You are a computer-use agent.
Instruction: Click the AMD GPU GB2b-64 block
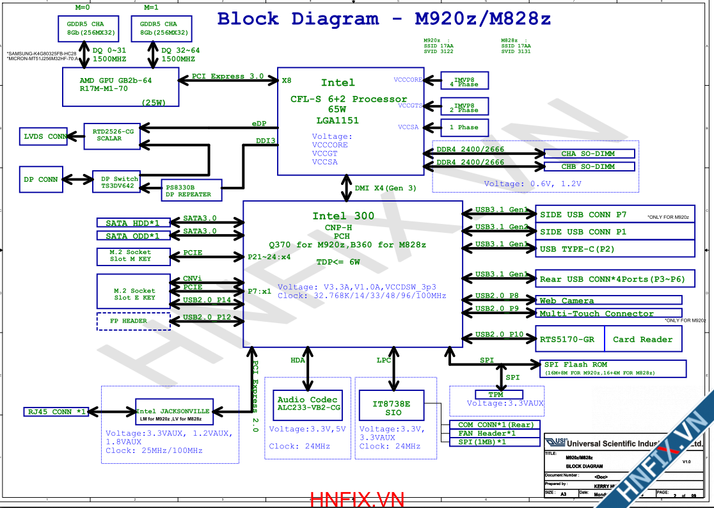[x=120, y=88]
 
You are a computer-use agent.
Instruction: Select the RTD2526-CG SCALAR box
[x=112, y=136]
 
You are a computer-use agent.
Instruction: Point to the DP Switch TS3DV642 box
[x=119, y=182]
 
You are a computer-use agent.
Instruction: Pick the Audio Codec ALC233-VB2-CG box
[x=308, y=403]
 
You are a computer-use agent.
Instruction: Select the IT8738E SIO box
[x=390, y=408]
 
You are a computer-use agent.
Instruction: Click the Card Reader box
[x=642, y=339]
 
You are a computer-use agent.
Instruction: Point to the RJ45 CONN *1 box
[x=56, y=411]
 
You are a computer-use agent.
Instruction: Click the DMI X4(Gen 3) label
[x=385, y=188]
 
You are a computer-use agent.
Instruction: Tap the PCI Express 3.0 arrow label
[x=228, y=76]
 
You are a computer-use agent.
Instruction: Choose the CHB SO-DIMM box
[x=589, y=166]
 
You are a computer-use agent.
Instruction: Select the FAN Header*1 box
[x=496, y=433]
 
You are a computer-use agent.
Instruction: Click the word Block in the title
[x=248, y=19]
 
